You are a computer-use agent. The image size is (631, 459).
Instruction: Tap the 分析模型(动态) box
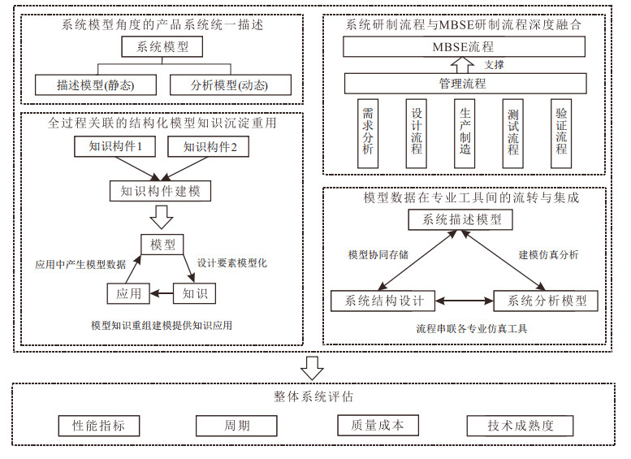pyautogui.click(x=230, y=84)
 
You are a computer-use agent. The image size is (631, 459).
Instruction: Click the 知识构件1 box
pyautogui.click(x=115, y=147)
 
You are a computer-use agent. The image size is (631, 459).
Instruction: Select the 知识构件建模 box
pyautogui.click(x=160, y=191)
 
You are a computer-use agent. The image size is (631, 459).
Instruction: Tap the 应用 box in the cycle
pyautogui.click(x=129, y=293)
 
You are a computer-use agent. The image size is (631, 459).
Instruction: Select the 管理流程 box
pyautogui.click(x=465, y=83)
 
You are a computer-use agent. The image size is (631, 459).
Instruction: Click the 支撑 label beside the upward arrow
pyautogui.click(x=493, y=64)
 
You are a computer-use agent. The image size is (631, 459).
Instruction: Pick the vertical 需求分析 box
pyautogui.click(x=368, y=132)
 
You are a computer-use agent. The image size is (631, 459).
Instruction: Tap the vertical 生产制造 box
pyautogui.click(x=465, y=132)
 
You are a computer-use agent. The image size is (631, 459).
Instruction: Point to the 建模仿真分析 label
pyautogui.click(x=549, y=254)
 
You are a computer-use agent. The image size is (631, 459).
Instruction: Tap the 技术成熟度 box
pyautogui.click(x=520, y=426)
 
